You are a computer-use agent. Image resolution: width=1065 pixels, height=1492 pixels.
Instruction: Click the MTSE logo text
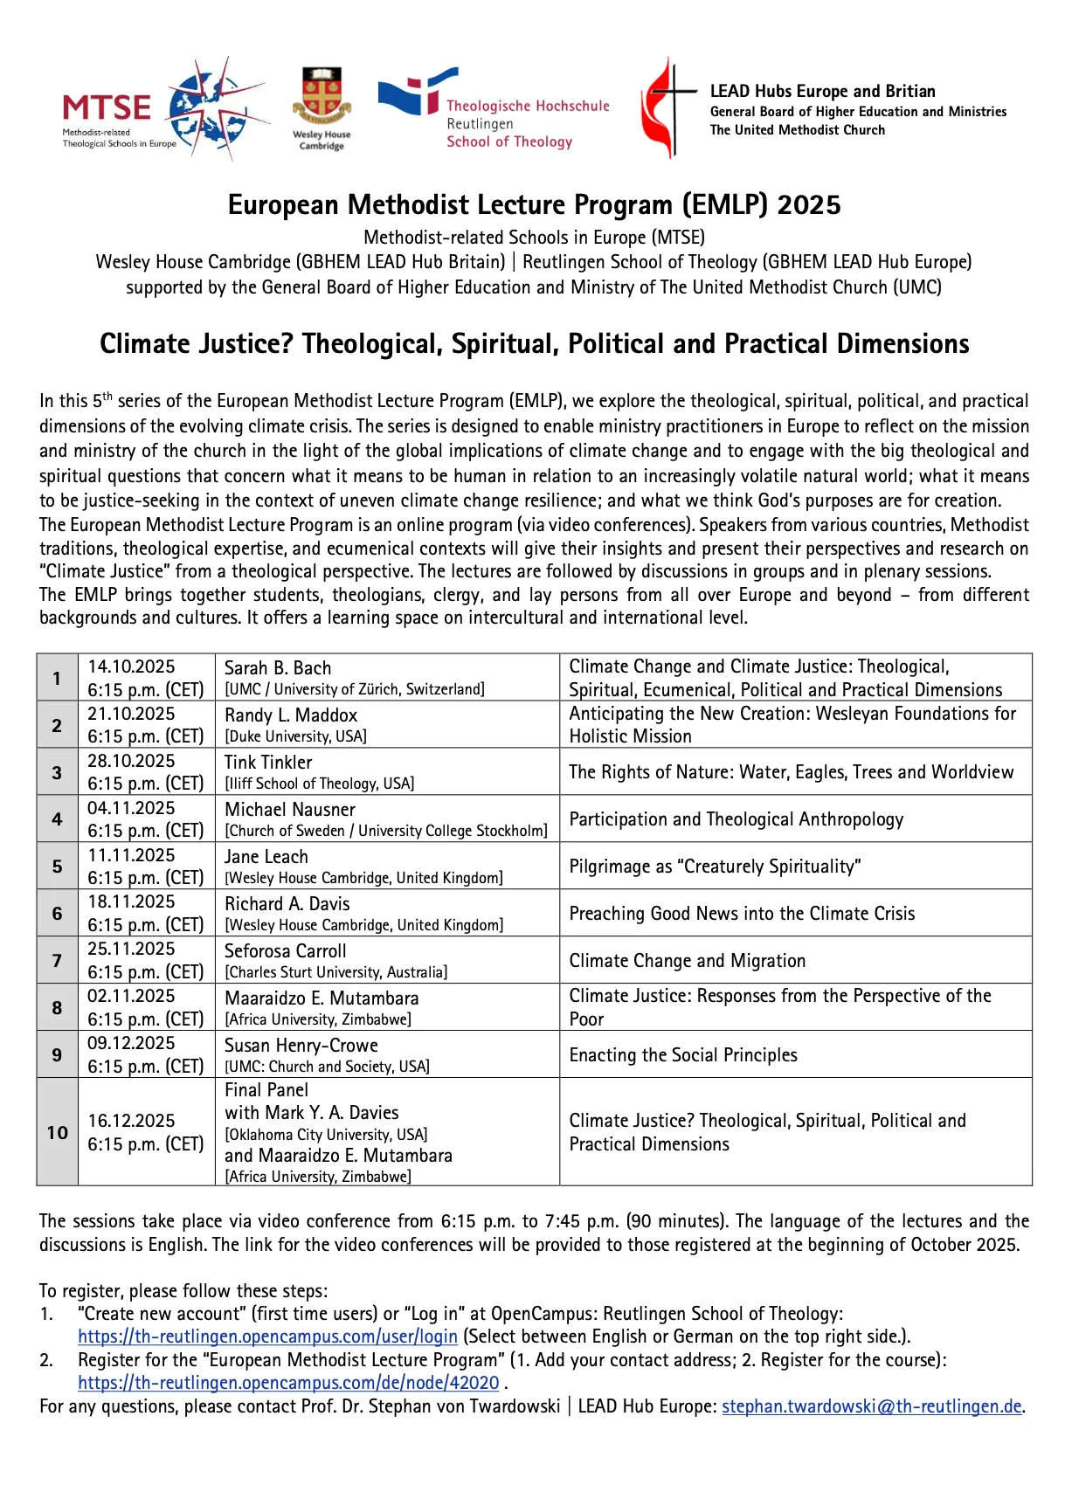(x=106, y=108)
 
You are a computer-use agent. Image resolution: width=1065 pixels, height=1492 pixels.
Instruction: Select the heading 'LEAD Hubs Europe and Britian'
(x=822, y=91)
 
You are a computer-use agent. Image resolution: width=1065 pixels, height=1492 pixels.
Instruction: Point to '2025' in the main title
(x=808, y=204)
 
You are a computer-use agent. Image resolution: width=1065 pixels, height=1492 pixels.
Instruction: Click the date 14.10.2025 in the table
(x=131, y=667)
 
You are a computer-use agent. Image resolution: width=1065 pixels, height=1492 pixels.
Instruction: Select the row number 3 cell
(x=57, y=772)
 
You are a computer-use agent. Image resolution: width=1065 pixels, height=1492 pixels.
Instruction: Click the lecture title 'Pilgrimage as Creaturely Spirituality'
(x=715, y=867)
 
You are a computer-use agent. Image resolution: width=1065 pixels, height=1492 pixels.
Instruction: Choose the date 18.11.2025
(x=131, y=901)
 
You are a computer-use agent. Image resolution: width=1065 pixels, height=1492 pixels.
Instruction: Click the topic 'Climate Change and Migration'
(x=687, y=961)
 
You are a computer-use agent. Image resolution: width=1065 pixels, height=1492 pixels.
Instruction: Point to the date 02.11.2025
(x=131, y=996)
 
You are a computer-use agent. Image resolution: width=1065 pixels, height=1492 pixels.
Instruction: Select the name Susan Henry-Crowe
(x=301, y=1045)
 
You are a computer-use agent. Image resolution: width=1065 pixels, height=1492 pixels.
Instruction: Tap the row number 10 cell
(x=57, y=1132)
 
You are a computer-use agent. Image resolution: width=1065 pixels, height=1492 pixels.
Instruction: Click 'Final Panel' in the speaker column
(x=266, y=1090)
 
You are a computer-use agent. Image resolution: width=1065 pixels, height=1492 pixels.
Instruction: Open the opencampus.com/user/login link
(x=267, y=1337)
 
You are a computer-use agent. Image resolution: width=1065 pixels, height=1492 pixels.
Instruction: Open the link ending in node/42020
(x=288, y=1383)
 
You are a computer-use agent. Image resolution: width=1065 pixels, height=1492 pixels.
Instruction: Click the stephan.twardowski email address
(x=871, y=1406)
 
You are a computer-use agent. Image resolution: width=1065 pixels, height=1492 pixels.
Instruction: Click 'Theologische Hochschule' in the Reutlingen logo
(x=528, y=106)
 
